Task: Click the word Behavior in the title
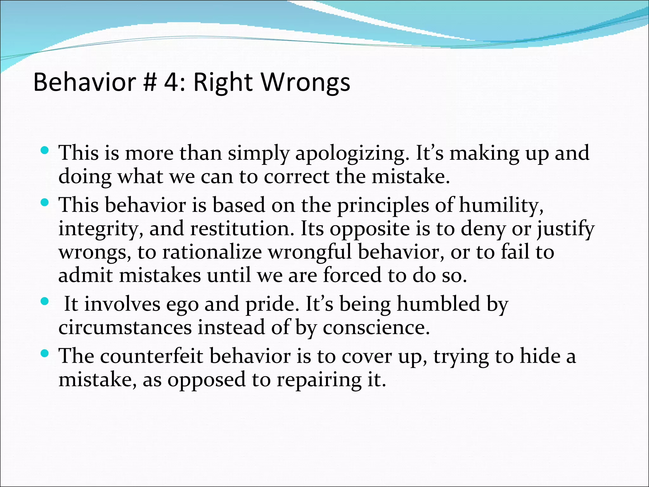(85, 82)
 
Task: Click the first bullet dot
(45, 149)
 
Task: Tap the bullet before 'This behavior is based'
(45, 201)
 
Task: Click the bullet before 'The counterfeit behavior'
(45, 352)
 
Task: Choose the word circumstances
(125, 328)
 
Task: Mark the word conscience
(376, 328)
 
